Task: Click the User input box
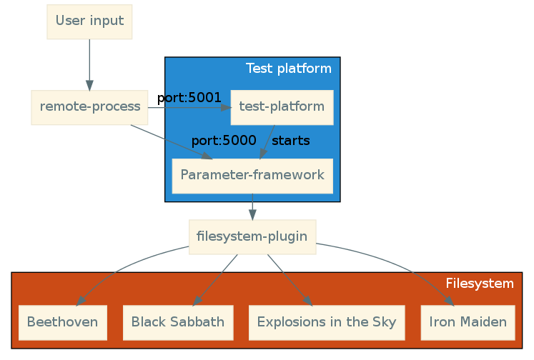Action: tap(89, 21)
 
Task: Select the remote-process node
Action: tap(89, 107)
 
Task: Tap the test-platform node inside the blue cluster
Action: tap(282, 107)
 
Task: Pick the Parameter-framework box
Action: tap(252, 175)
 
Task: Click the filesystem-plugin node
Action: tap(252, 236)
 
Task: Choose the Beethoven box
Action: tap(62, 322)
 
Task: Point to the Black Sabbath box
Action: tap(178, 322)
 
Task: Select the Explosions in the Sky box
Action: tap(327, 322)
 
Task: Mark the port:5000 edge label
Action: tap(224, 141)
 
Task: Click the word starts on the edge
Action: tap(291, 141)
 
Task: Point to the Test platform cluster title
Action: tap(288, 69)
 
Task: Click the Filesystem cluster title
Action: tap(479, 284)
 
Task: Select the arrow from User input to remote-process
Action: tap(89, 64)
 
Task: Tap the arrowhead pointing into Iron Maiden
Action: tap(450, 301)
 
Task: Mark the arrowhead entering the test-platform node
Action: tap(227, 108)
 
